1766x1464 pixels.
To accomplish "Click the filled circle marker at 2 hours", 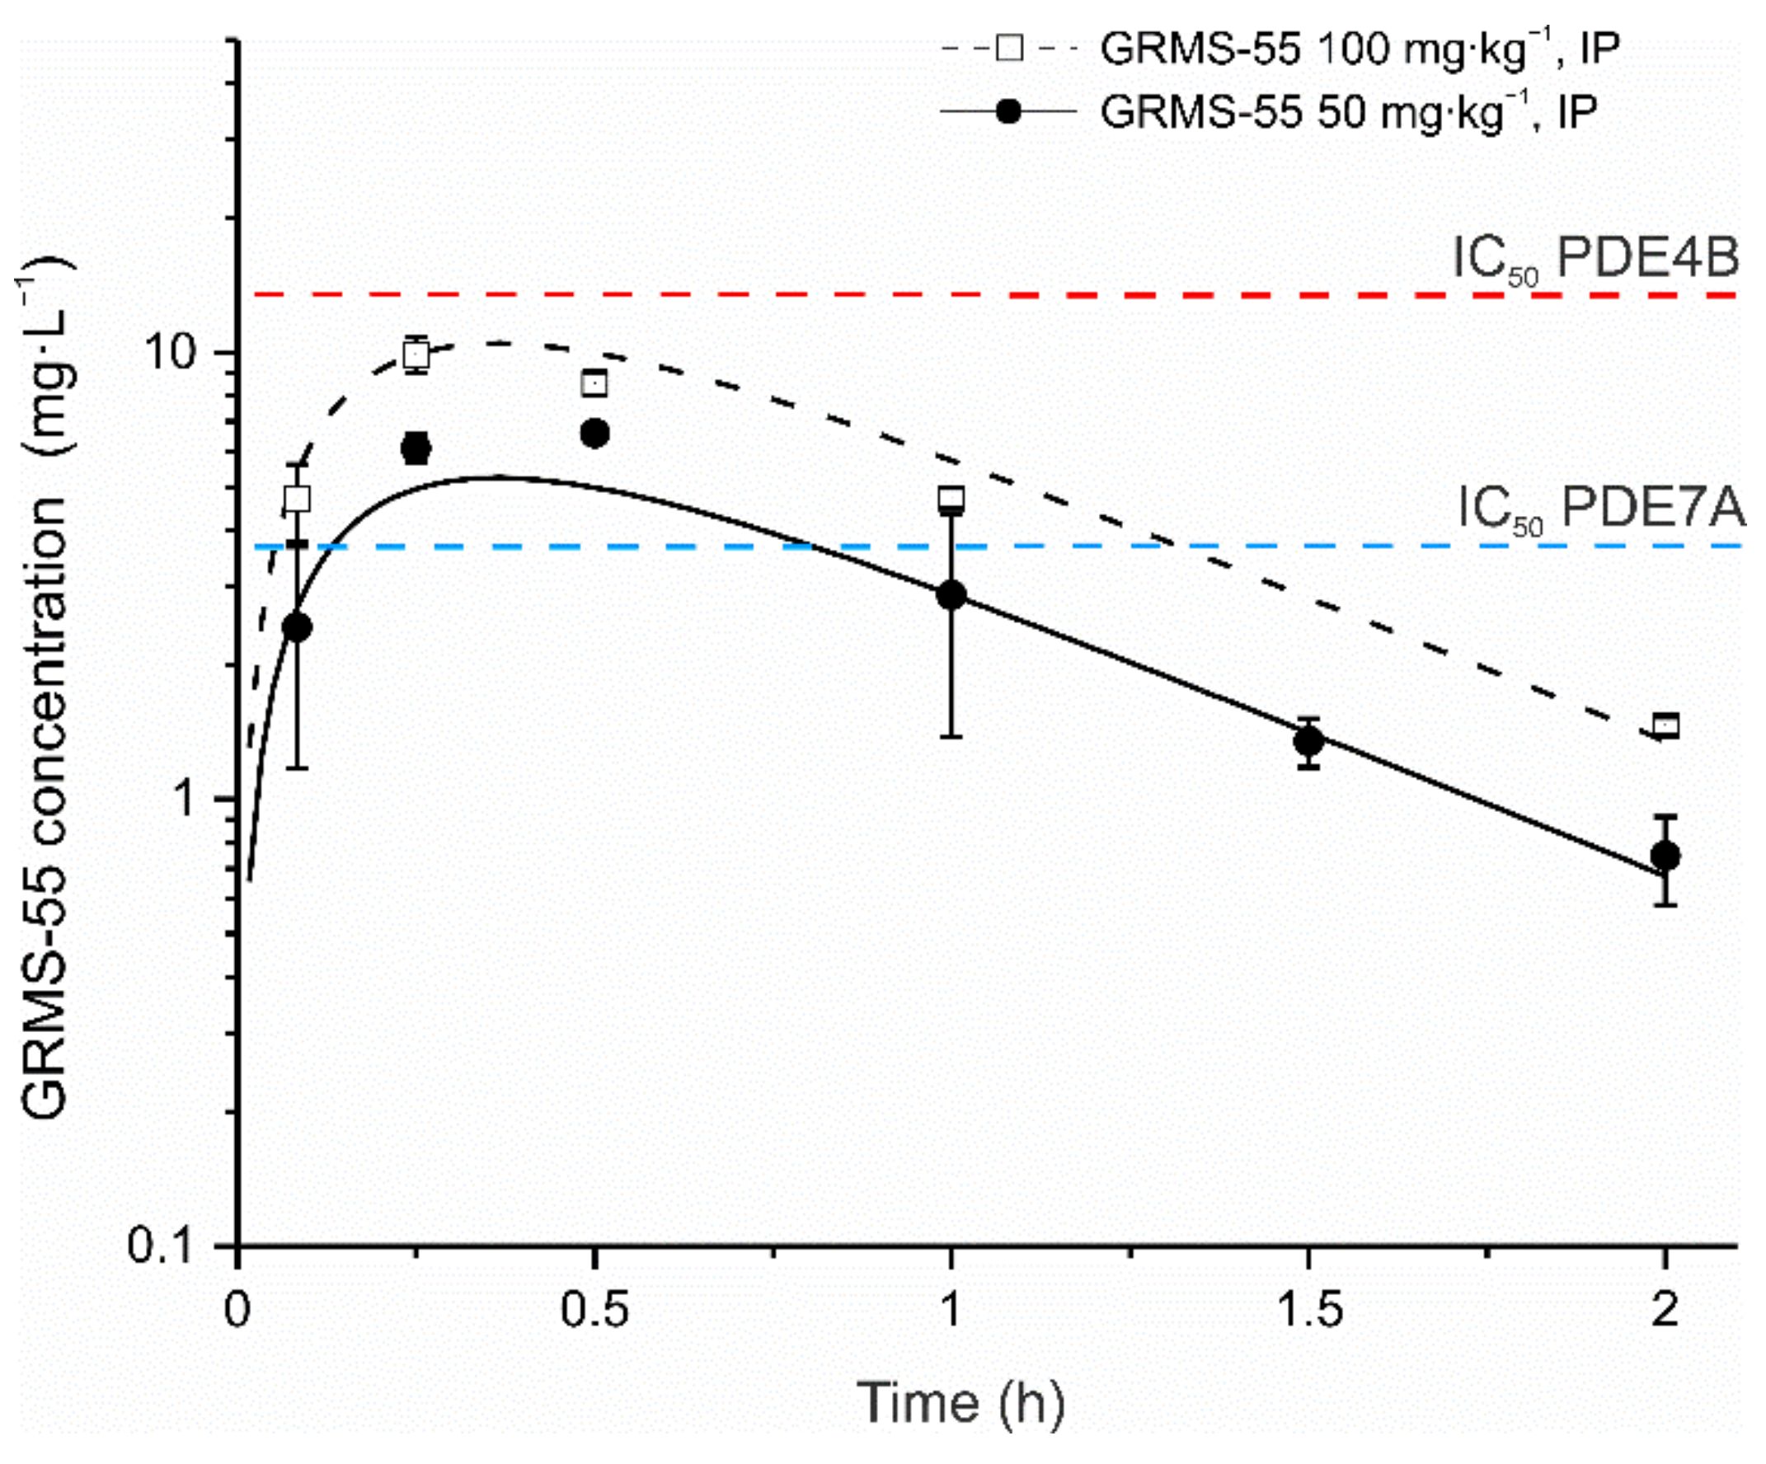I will (x=1665, y=856).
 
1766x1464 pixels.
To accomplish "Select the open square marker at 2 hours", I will (x=1665, y=725).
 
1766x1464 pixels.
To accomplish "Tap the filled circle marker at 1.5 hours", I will (x=1308, y=741).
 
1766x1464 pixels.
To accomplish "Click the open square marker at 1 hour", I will (x=951, y=499).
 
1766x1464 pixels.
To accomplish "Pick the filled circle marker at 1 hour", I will (x=951, y=594).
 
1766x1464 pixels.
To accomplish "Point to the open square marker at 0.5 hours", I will (x=594, y=383).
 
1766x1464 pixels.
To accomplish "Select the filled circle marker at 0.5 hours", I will (x=594, y=433).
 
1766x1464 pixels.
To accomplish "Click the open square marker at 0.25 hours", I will (x=416, y=354).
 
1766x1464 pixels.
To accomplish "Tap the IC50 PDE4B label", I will (x=1595, y=257).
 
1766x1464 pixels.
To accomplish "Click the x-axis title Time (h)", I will (x=960, y=1402).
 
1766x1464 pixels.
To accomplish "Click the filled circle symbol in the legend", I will (x=1007, y=111).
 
